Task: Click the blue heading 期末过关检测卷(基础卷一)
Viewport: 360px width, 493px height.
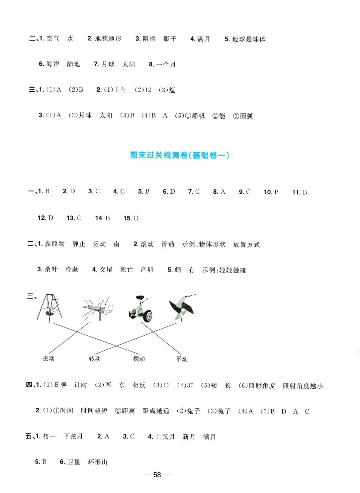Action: (180, 155)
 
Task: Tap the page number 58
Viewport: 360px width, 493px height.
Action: (157, 475)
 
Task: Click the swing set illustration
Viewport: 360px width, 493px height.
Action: (50, 308)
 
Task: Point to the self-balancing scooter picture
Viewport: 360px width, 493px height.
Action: (141, 309)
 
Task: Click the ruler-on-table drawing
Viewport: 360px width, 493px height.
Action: (97, 308)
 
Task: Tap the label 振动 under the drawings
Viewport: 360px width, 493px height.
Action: (49, 359)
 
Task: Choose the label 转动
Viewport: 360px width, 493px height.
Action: (94, 359)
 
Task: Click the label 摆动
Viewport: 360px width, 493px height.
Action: (139, 359)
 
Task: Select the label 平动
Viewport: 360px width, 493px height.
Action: (182, 359)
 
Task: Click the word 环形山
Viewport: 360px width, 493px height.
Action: (98, 462)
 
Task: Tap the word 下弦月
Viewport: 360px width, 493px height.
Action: (73, 436)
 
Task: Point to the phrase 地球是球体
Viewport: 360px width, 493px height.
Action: (249, 39)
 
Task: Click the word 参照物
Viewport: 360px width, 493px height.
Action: (55, 244)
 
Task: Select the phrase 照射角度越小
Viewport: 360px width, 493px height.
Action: (303, 386)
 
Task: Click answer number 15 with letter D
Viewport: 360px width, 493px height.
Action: (131, 218)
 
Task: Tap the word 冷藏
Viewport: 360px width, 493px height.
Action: (72, 270)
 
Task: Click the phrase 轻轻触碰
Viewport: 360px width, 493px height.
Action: (233, 270)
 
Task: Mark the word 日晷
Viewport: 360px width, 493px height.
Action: (60, 385)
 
